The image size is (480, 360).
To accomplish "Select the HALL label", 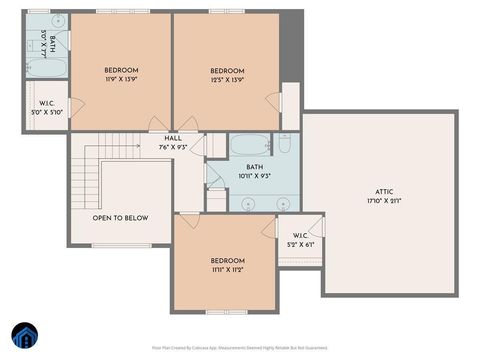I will (173, 138).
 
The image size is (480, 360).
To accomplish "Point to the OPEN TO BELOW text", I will (120, 217).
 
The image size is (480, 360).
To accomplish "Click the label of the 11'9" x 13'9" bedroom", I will (121, 69).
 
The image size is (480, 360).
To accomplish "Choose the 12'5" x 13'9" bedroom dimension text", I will (226, 79).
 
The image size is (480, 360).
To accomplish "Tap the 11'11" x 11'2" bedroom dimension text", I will (225, 269).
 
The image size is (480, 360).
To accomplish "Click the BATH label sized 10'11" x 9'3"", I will (255, 167).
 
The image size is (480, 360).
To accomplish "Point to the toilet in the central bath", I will (285, 144).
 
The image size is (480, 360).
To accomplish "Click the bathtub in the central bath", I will (249, 144).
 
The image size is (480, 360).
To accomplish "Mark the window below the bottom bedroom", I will (225, 312).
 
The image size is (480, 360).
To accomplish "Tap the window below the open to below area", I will (121, 245).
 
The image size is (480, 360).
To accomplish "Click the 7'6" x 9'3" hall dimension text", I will (173, 147).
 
